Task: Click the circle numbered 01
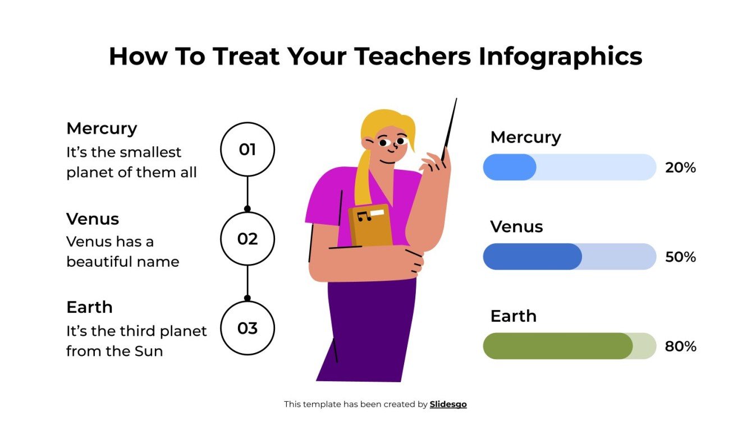click(x=247, y=150)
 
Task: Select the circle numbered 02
click(x=247, y=239)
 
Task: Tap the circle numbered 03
click(x=247, y=328)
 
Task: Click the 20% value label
click(x=680, y=168)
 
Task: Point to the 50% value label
click(x=680, y=257)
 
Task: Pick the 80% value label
click(x=680, y=346)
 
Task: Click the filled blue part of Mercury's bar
click(x=509, y=167)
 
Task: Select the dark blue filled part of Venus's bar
click(x=532, y=257)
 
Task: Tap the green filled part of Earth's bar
click(x=557, y=346)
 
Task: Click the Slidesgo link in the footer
click(x=448, y=404)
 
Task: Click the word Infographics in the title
click(x=560, y=57)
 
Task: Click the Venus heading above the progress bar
click(x=516, y=226)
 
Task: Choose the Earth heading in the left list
click(x=89, y=307)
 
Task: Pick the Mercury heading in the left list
click(x=102, y=128)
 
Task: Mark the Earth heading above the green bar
click(x=513, y=316)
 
